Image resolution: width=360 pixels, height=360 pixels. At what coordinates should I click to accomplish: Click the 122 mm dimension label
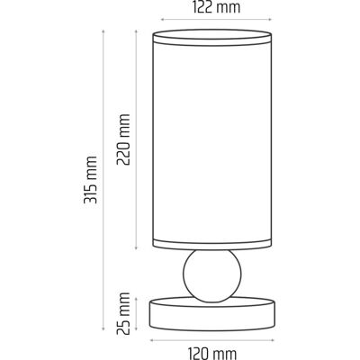(216, 7)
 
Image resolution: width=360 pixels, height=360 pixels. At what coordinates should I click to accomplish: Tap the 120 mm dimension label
(212, 353)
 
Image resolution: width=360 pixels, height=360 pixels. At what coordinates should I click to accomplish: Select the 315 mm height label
(91, 180)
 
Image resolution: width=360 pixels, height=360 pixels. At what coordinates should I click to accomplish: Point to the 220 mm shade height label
(123, 139)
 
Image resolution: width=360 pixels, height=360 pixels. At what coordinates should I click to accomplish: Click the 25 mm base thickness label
(123, 313)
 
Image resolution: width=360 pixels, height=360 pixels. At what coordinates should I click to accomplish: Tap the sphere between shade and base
(212, 276)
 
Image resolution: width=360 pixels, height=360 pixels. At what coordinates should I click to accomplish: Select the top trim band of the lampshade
(212, 38)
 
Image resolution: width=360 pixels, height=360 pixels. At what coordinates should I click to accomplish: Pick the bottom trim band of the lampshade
(212, 243)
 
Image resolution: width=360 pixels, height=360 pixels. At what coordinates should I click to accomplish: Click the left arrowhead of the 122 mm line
(162, 20)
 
